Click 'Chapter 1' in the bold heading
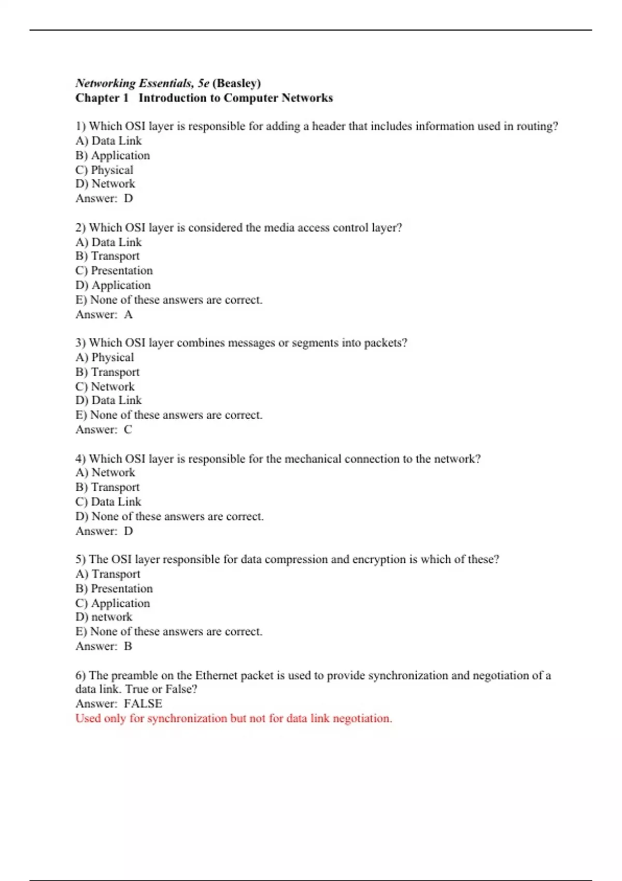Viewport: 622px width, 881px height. tap(102, 98)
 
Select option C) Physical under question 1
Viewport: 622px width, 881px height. tap(104, 170)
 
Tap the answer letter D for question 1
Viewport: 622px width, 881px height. tap(129, 198)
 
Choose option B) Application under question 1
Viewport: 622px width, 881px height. tap(112, 155)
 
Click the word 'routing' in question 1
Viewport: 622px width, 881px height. tap(535, 126)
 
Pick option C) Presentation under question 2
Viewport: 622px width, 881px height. tap(114, 271)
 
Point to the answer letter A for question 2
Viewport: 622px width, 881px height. tap(129, 315)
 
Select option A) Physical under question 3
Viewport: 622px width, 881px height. tap(104, 358)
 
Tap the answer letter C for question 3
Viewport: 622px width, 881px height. tap(128, 430)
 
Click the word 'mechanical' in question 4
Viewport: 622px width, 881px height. tap(313, 459)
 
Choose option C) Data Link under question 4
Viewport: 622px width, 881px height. tap(108, 502)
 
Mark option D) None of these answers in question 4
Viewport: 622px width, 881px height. tap(169, 517)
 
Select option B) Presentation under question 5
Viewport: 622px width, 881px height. tap(114, 589)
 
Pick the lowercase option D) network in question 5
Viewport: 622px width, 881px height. tap(104, 617)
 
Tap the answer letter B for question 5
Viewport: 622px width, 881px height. tap(128, 646)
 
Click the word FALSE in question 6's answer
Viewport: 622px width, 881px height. tap(143, 704)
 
